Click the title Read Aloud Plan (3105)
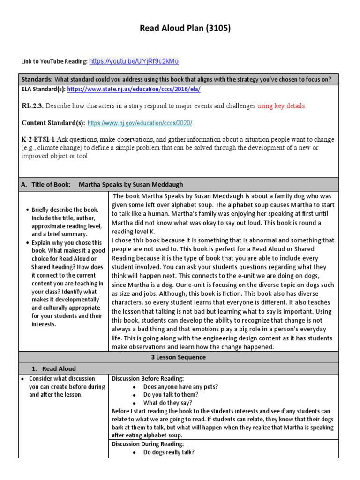click(x=186, y=29)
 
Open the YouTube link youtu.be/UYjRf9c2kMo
click(x=134, y=61)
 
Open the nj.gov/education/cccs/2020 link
click(x=140, y=123)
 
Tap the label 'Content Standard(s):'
click(x=53, y=123)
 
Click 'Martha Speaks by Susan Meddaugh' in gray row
click(x=131, y=185)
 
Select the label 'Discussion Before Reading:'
click(x=148, y=378)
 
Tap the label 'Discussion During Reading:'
click(x=148, y=444)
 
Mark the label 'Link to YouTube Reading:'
click(x=54, y=62)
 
